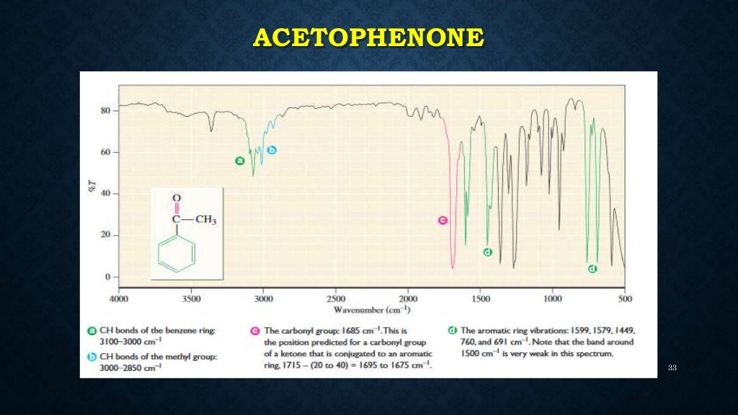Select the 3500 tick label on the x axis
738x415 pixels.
(191, 298)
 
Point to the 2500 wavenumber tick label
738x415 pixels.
(335, 298)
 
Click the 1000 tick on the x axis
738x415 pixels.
(553, 298)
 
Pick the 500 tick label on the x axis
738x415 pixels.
(625, 298)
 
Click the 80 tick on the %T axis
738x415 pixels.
(105, 111)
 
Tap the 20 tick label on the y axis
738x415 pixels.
(105, 236)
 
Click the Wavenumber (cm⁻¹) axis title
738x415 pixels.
(372, 310)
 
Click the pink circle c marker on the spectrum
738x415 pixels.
(443, 220)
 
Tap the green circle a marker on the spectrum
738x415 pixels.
(240, 161)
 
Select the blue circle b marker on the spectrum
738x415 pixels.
(272, 150)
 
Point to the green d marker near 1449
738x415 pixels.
(487, 252)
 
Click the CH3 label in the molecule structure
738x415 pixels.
(205, 220)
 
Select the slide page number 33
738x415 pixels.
(672, 368)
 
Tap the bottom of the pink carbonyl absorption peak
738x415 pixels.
(453, 268)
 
